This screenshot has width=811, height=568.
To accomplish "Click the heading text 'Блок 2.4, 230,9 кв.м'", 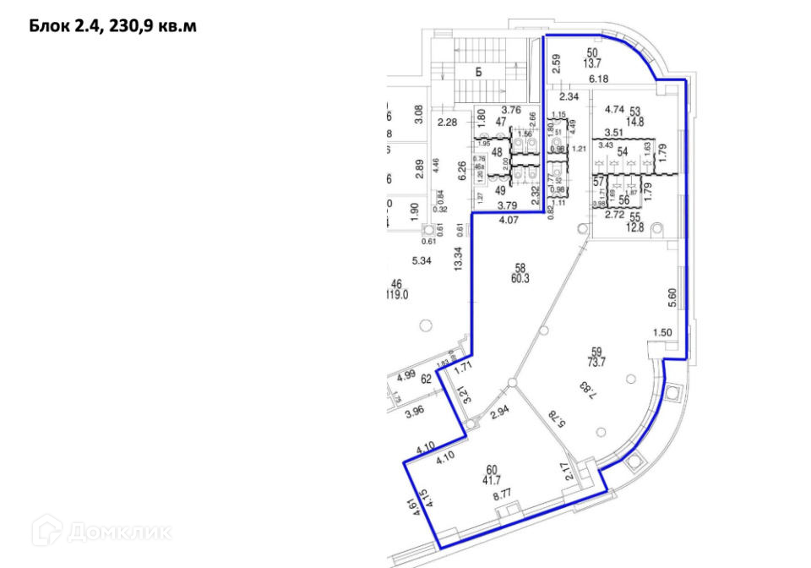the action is coord(113,27).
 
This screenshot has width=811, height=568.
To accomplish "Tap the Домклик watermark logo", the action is coord(101,531).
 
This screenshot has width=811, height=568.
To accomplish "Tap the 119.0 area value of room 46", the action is coord(396,296).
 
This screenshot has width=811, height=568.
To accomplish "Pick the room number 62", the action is coord(426,379).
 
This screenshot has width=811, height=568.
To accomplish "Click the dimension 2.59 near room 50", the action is coord(556,64).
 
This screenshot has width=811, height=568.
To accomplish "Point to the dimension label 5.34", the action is coord(422,261).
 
